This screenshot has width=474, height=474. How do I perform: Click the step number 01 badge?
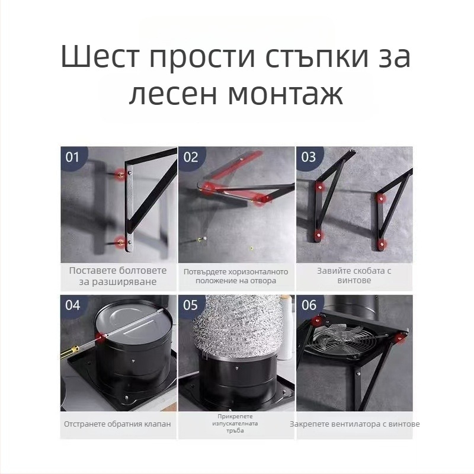(x=72, y=157)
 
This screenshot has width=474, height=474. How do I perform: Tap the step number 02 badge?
(x=191, y=157)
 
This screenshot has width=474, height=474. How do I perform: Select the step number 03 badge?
(x=309, y=157)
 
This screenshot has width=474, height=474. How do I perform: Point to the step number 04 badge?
(x=72, y=305)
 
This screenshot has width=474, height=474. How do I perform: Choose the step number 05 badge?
(x=191, y=305)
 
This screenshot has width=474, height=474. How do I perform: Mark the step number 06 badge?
(x=309, y=305)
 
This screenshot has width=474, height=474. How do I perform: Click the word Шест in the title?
(x=100, y=58)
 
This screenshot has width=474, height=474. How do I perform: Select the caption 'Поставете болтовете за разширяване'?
(x=118, y=276)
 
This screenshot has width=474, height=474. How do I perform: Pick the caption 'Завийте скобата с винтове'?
(x=354, y=276)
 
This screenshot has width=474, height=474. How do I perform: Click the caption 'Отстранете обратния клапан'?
(x=118, y=424)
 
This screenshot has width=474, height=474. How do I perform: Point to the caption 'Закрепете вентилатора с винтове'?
(x=354, y=424)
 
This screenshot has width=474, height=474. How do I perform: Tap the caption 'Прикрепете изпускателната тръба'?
(x=236, y=424)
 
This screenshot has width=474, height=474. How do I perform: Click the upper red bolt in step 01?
(x=121, y=174)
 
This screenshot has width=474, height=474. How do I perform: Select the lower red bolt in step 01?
(x=121, y=241)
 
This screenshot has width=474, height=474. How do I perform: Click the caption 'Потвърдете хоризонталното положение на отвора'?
(x=236, y=276)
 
